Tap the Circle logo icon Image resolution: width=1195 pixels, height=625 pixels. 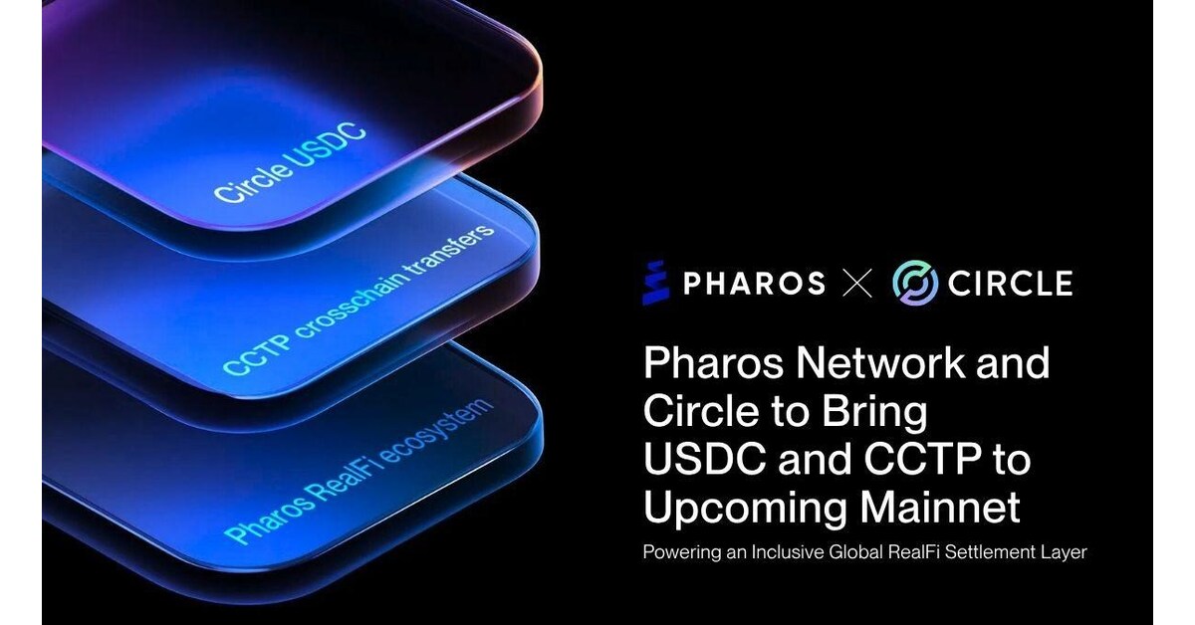[914, 283]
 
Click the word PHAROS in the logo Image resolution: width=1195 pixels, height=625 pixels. [754, 284]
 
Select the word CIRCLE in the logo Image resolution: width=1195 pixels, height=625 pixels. [1010, 284]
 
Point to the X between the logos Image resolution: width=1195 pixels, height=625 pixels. [857, 284]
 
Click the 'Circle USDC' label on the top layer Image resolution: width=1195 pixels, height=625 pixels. [290, 163]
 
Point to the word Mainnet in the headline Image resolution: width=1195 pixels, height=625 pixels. [936, 508]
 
